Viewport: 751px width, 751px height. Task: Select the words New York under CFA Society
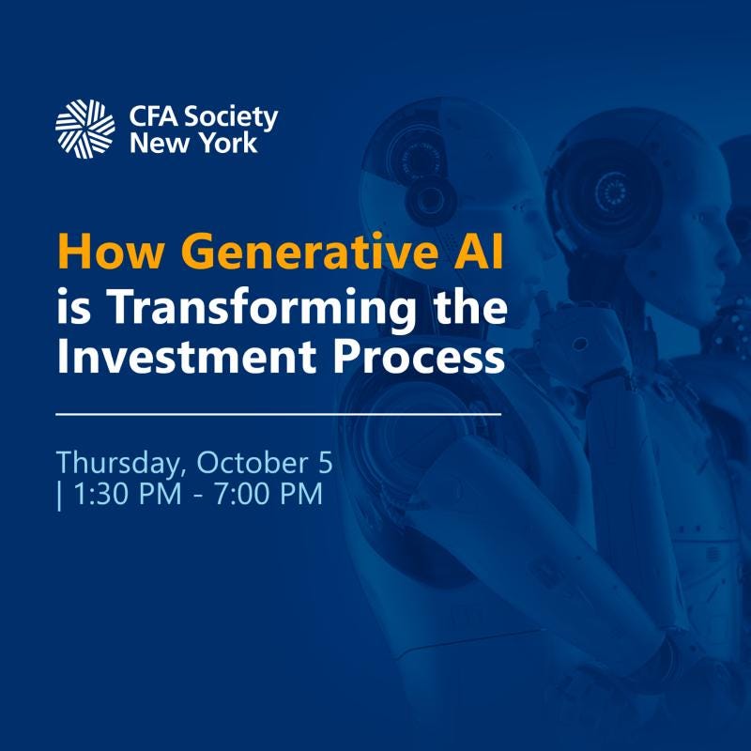pos(193,144)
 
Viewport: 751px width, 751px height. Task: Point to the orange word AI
pos(476,253)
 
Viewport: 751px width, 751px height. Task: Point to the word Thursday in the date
pos(111,463)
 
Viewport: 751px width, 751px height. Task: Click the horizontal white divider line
pos(279,413)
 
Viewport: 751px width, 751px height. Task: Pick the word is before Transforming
pos(71,306)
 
